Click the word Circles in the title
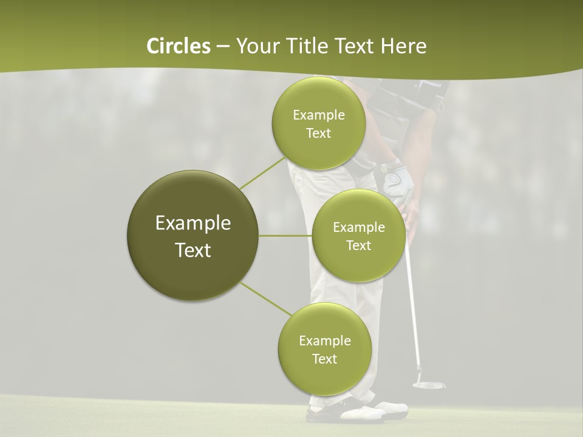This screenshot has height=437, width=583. (178, 46)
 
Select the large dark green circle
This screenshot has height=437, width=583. (193, 235)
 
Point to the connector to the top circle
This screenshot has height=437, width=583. (262, 172)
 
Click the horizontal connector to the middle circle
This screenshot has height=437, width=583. (285, 235)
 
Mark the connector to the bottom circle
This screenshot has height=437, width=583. (265, 299)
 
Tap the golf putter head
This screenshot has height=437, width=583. (428, 384)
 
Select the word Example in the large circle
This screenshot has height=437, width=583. (193, 223)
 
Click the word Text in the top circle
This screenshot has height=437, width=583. (318, 134)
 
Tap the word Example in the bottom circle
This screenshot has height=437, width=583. (324, 341)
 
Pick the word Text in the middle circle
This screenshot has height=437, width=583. (358, 246)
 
